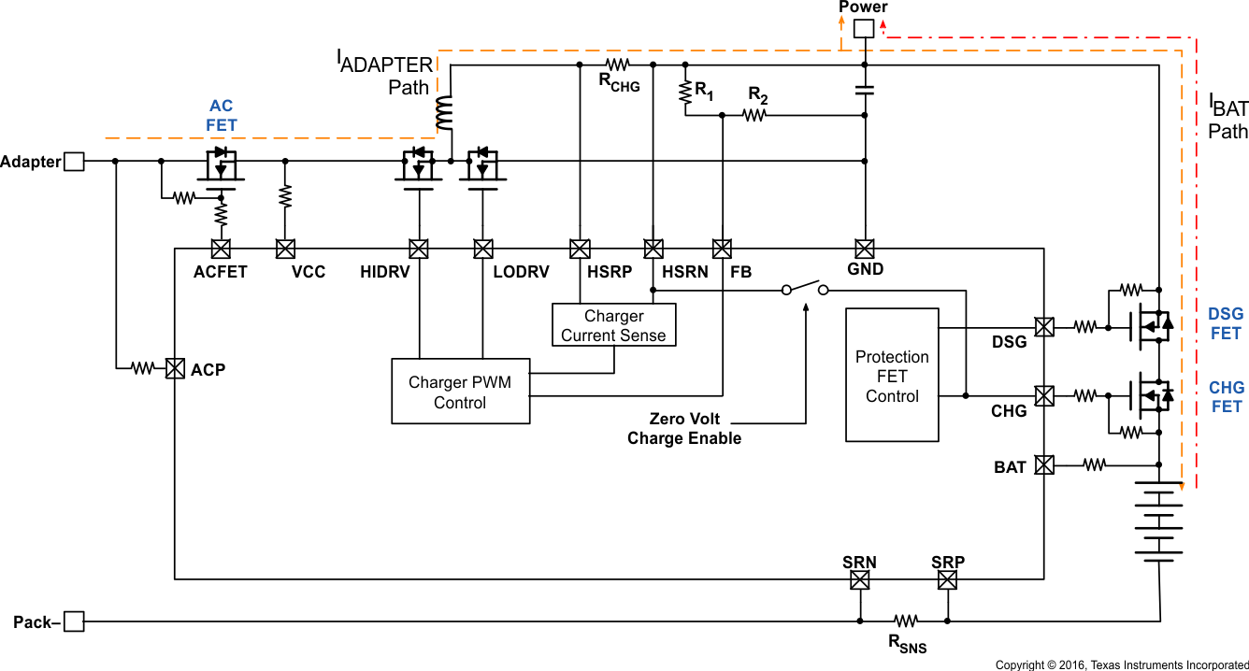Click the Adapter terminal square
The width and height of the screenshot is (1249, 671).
click(73, 162)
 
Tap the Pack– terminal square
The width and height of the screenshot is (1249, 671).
click(73, 621)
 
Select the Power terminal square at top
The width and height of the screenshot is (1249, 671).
click(864, 29)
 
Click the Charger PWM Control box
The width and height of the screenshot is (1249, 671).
click(460, 393)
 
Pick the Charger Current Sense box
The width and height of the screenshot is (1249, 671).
click(613, 325)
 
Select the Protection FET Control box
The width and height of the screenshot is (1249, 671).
click(892, 376)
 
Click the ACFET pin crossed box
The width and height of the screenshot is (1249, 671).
click(221, 249)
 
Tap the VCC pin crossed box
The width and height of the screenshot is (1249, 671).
click(285, 249)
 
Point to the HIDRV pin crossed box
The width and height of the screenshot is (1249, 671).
click(419, 249)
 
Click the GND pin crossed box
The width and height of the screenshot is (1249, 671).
click(865, 249)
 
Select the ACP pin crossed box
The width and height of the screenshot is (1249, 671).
click(175, 369)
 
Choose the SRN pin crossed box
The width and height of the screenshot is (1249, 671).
click(859, 580)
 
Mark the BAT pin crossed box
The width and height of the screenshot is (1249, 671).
click(1044, 464)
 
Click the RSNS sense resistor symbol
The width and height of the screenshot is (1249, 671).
click(905, 621)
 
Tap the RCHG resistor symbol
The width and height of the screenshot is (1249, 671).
click(618, 64)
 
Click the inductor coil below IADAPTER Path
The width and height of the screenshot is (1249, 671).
click(443, 112)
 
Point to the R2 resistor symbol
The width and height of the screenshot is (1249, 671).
click(755, 115)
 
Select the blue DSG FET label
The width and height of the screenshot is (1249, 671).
click(1226, 323)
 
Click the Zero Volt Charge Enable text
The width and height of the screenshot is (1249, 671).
click(684, 429)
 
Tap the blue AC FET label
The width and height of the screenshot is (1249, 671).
click(222, 116)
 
